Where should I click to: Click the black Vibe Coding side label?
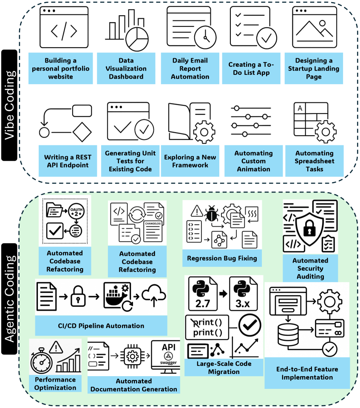pyautogui.click(x=9, y=105)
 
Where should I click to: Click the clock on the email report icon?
pyautogui.click(x=205, y=37)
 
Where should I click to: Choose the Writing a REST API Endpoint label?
pyautogui.click(x=68, y=161)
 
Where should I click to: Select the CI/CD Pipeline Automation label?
pyautogui.click(x=101, y=326)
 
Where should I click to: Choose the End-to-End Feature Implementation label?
pyautogui.click(x=307, y=373)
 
